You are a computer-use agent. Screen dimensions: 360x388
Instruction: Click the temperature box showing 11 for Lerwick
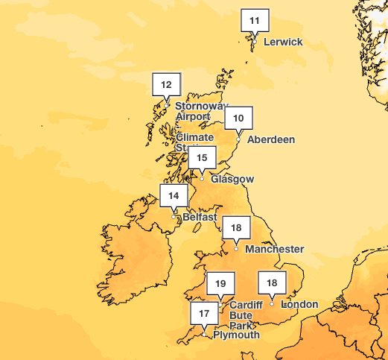[255, 20]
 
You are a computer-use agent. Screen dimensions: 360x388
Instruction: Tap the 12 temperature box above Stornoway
[166, 85]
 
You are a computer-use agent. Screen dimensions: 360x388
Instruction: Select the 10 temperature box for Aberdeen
[238, 118]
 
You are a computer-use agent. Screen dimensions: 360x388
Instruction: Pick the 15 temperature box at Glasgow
[202, 157]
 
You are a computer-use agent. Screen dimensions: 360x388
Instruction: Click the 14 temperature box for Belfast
[174, 196]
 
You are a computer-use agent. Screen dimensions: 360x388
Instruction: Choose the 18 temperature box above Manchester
[237, 227]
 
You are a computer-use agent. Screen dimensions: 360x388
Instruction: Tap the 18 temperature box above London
[273, 282]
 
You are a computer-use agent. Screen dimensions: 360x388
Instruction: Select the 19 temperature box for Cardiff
[220, 283]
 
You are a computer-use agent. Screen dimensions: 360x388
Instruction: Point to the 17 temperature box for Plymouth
[205, 314]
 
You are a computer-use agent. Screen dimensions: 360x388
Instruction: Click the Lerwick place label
[283, 42]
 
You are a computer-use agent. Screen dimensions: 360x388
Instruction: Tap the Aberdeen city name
[271, 139]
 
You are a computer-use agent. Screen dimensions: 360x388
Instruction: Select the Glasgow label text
[232, 180]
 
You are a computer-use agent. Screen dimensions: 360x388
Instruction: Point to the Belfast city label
[200, 217]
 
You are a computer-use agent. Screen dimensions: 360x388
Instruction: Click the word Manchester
[274, 249]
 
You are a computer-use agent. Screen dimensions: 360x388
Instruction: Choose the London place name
[299, 304]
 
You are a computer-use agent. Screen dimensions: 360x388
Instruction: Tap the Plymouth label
[236, 335]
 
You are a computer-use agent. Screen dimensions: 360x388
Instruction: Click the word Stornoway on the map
[200, 107]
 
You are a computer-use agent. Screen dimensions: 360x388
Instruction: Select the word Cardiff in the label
[246, 306]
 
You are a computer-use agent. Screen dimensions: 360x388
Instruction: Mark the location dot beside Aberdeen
[238, 139]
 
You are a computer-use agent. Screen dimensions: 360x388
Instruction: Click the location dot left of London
[273, 303]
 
